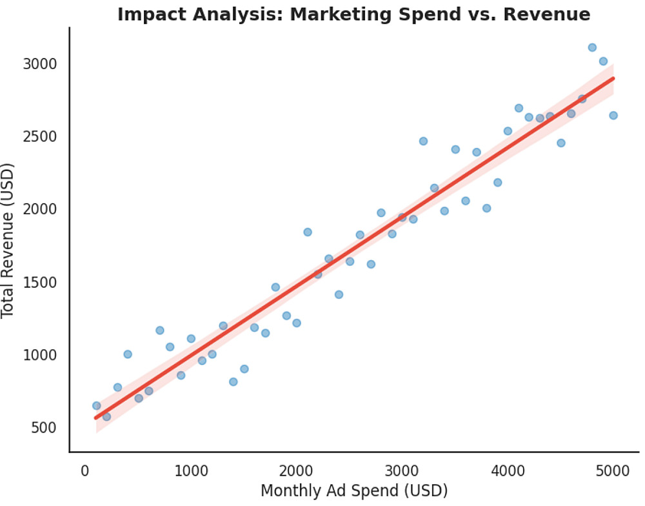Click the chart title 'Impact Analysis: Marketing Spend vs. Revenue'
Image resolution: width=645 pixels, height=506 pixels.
click(353, 14)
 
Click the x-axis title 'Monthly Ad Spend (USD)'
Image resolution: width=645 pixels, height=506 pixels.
click(353, 491)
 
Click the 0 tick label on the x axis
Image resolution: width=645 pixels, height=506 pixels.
click(84, 471)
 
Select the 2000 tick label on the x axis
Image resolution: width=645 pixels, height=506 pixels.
click(296, 471)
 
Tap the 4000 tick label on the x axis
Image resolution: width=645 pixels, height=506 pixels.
click(508, 471)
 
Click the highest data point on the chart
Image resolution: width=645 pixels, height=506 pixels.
click(592, 47)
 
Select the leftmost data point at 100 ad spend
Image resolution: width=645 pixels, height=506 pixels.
click(96, 405)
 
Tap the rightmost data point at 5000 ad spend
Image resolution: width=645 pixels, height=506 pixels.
click(613, 115)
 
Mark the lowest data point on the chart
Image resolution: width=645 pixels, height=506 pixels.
click(106, 416)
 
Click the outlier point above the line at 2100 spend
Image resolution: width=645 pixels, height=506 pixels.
click(308, 232)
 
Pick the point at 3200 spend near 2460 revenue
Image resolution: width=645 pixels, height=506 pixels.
click(423, 141)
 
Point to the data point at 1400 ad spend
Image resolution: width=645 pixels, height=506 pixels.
click(233, 381)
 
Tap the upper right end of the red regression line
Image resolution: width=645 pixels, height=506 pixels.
click(613, 78)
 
